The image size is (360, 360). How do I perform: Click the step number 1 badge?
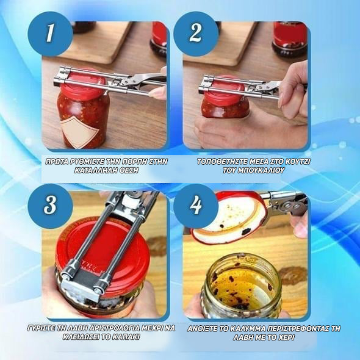click(x=50, y=34)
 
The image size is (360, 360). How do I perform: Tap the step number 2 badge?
click(x=196, y=34)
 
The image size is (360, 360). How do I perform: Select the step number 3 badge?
click(x=50, y=206)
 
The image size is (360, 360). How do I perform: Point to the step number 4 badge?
click(x=196, y=206)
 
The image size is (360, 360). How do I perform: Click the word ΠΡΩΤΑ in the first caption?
click(x=57, y=162)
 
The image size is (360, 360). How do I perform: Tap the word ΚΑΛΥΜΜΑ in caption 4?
click(x=248, y=328)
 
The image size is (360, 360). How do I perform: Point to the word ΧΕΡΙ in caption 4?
click(x=285, y=337)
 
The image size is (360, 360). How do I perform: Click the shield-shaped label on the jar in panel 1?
click(x=79, y=131)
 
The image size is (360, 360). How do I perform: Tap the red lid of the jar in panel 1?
click(x=83, y=84)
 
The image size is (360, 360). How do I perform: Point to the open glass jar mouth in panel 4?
click(x=242, y=282)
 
